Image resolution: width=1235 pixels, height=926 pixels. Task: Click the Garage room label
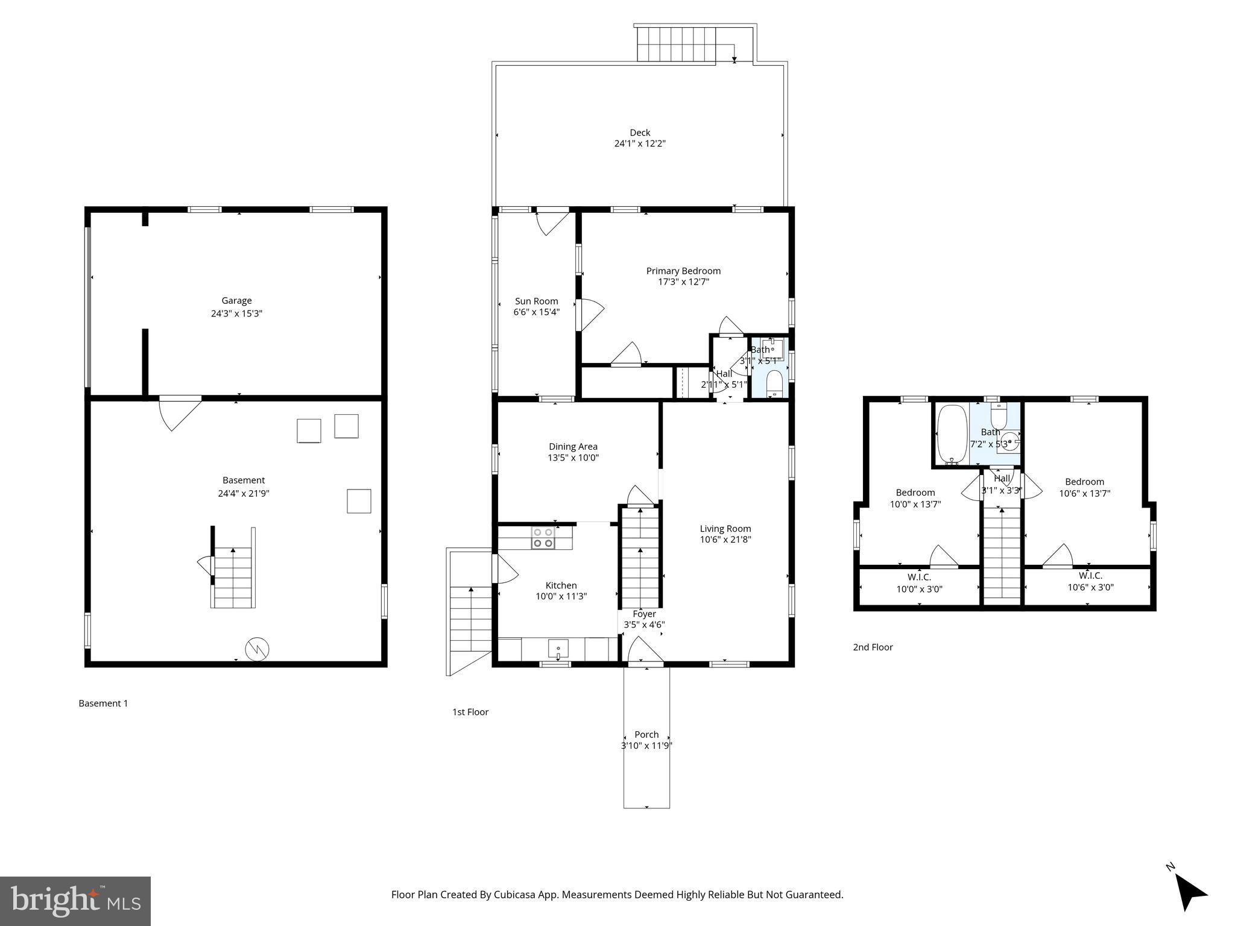point(236,300)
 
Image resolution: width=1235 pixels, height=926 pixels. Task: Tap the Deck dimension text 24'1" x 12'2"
point(640,143)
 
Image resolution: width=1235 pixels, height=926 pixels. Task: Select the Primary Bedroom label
point(683,271)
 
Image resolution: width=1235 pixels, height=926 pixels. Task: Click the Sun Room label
point(536,301)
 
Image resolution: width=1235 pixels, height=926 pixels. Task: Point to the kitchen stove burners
point(543,538)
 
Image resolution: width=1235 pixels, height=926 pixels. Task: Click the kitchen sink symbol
point(558,649)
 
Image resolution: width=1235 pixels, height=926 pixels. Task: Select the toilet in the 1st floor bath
point(774,383)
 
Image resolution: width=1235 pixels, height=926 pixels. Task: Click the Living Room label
point(725,529)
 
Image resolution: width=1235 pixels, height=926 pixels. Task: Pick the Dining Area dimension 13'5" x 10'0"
point(573,458)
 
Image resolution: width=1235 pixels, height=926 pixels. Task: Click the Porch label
point(646,734)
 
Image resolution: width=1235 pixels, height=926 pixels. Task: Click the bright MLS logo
point(75,901)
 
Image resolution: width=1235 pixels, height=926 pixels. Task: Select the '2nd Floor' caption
point(873,647)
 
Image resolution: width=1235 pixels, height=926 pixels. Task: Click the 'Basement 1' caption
point(103,703)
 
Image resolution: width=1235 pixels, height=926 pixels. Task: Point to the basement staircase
point(233,578)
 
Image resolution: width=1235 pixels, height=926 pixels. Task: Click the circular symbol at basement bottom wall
point(257,649)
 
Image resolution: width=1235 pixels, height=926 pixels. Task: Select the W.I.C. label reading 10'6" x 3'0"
point(1090,587)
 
